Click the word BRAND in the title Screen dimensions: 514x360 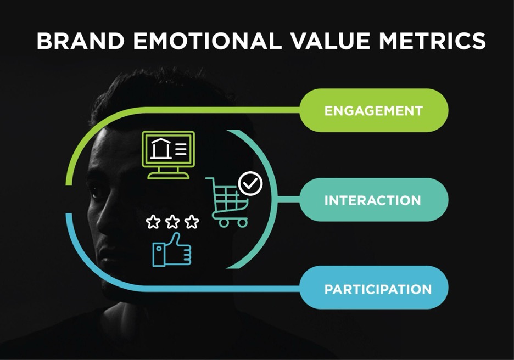click(81, 41)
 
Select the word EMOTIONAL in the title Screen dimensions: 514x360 click(207, 41)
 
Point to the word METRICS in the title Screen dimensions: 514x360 click(432, 41)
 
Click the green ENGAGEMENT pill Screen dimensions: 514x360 click(374, 110)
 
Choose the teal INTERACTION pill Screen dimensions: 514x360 click(374, 200)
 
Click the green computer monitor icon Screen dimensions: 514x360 click(168, 155)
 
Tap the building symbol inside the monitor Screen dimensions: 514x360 click(160, 148)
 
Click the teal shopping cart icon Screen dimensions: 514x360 click(227, 202)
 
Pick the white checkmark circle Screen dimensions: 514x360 click(250, 183)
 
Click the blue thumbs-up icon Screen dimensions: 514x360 click(172, 250)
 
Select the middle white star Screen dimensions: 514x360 click(172, 222)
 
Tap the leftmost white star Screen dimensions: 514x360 click(153, 222)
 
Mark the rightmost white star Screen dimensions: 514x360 click(192, 222)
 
